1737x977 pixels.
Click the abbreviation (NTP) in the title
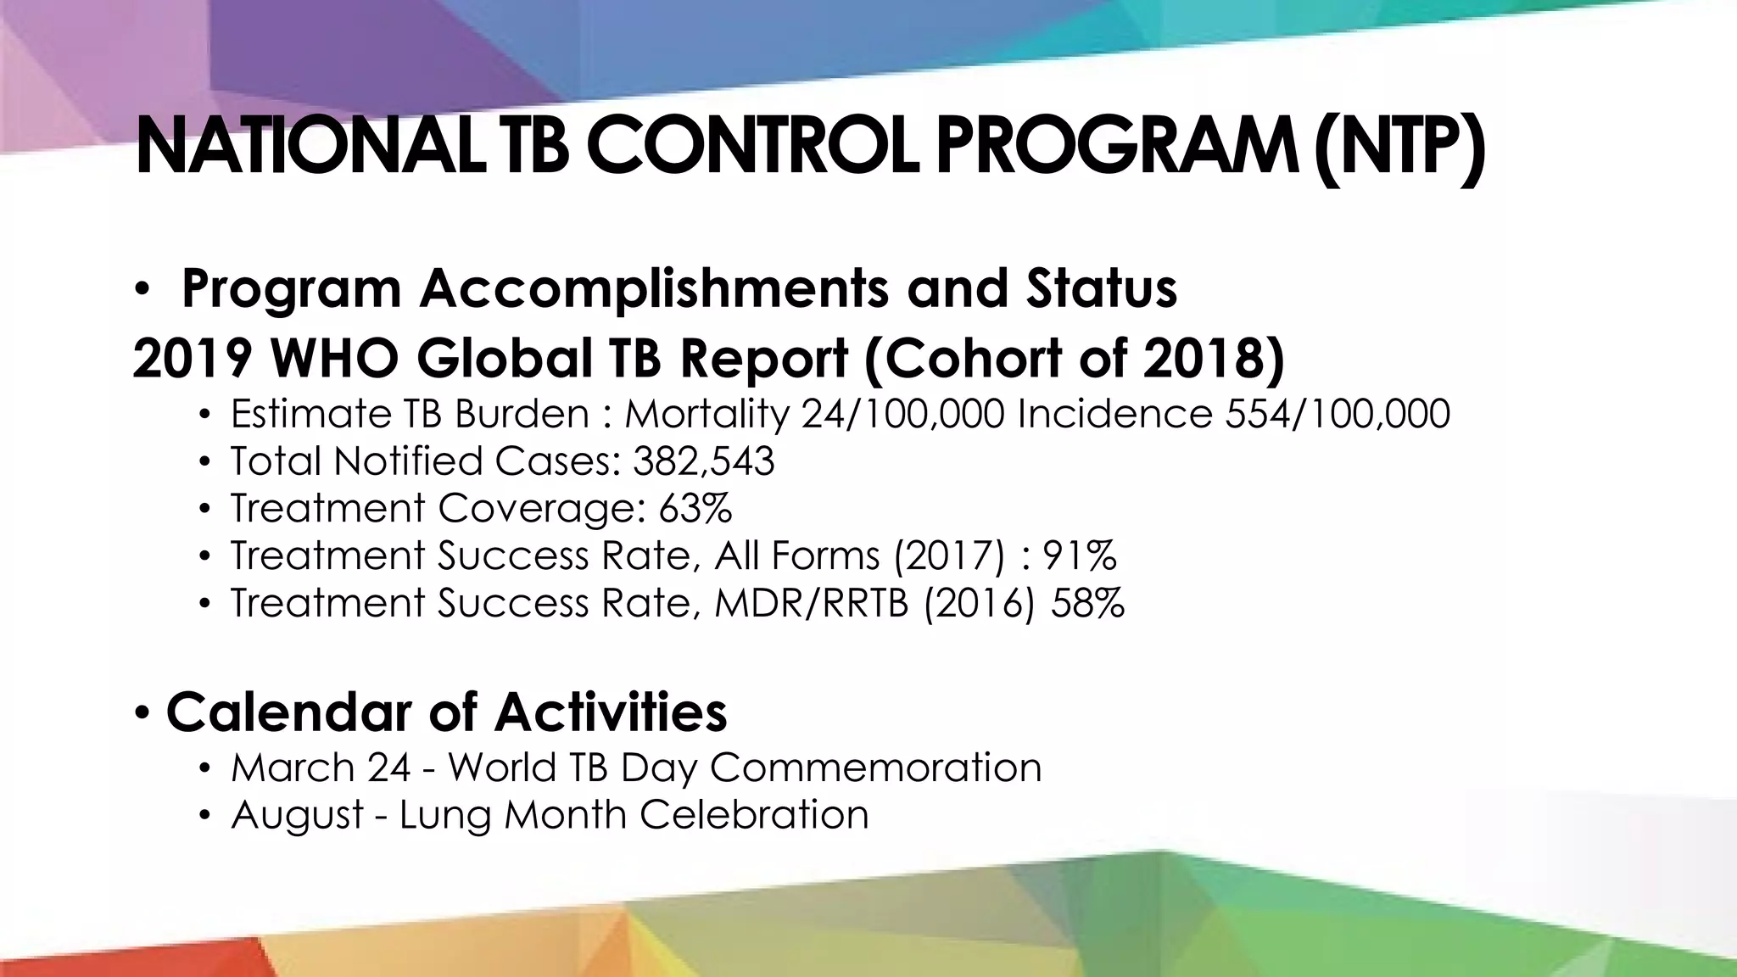pyautogui.click(x=1399, y=149)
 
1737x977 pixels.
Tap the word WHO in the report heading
pyautogui.click(x=334, y=358)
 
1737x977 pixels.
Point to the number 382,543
pyautogui.click(x=703, y=462)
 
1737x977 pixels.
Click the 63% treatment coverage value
pyautogui.click(x=695, y=509)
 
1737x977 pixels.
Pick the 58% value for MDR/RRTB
pyautogui.click(x=1087, y=604)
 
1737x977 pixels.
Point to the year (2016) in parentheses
pyautogui.click(x=979, y=604)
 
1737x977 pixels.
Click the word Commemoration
pyautogui.click(x=875, y=768)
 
